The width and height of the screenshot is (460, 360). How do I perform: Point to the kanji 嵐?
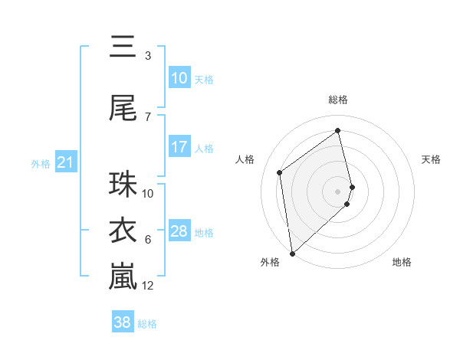click(123, 277)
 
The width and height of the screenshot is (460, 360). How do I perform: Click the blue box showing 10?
click(179, 78)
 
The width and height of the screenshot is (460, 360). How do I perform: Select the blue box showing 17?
click(179, 147)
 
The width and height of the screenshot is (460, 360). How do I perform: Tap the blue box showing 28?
click(179, 231)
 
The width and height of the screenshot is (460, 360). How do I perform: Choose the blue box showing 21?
click(65, 162)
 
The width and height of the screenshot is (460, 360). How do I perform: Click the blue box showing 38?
click(123, 322)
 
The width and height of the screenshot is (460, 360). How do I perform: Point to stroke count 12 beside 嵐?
click(148, 286)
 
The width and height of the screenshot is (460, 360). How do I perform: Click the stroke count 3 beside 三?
click(148, 56)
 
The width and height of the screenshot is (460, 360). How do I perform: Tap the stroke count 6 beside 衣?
click(148, 240)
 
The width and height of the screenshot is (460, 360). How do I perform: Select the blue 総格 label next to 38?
click(147, 324)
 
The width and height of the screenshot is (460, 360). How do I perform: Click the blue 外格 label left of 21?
click(41, 163)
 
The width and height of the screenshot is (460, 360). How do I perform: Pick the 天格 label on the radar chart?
click(431, 159)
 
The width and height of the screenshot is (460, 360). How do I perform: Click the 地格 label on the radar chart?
click(402, 262)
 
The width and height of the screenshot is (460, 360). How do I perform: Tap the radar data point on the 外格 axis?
click(292, 253)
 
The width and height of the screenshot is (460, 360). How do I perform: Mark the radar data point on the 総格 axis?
click(338, 130)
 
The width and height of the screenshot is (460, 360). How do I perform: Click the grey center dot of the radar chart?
click(338, 191)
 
